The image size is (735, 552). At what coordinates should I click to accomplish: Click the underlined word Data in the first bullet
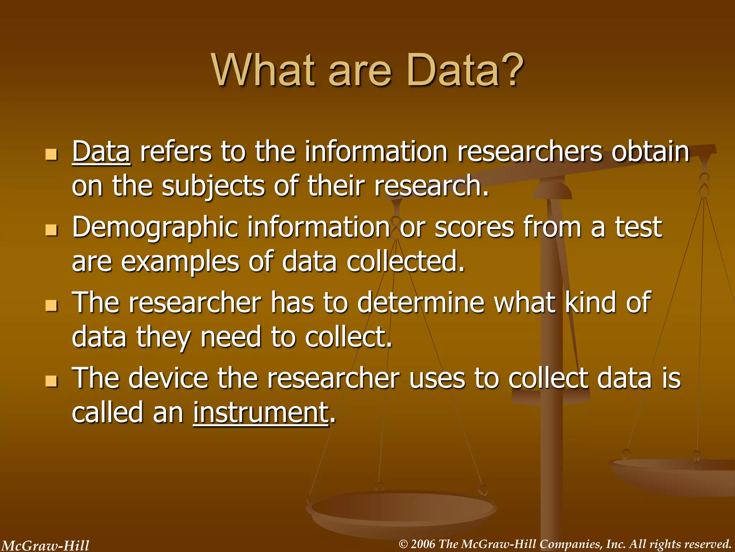[x=101, y=152]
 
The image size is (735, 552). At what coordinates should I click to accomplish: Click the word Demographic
[x=155, y=228]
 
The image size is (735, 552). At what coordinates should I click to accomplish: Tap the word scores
[x=474, y=227]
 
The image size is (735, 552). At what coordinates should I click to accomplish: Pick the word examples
[x=180, y=262]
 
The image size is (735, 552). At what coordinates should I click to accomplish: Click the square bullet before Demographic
[x=51, y=230]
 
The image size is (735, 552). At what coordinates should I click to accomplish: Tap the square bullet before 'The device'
[x=51, y=381]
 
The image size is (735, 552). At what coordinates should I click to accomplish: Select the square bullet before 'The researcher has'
[x=51, y=305]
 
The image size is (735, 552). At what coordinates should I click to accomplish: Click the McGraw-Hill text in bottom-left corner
[x=45, y=546]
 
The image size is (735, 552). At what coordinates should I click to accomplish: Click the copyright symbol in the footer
[x=403, y=544]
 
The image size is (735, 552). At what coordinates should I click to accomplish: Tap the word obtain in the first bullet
[x=650, y=152]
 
